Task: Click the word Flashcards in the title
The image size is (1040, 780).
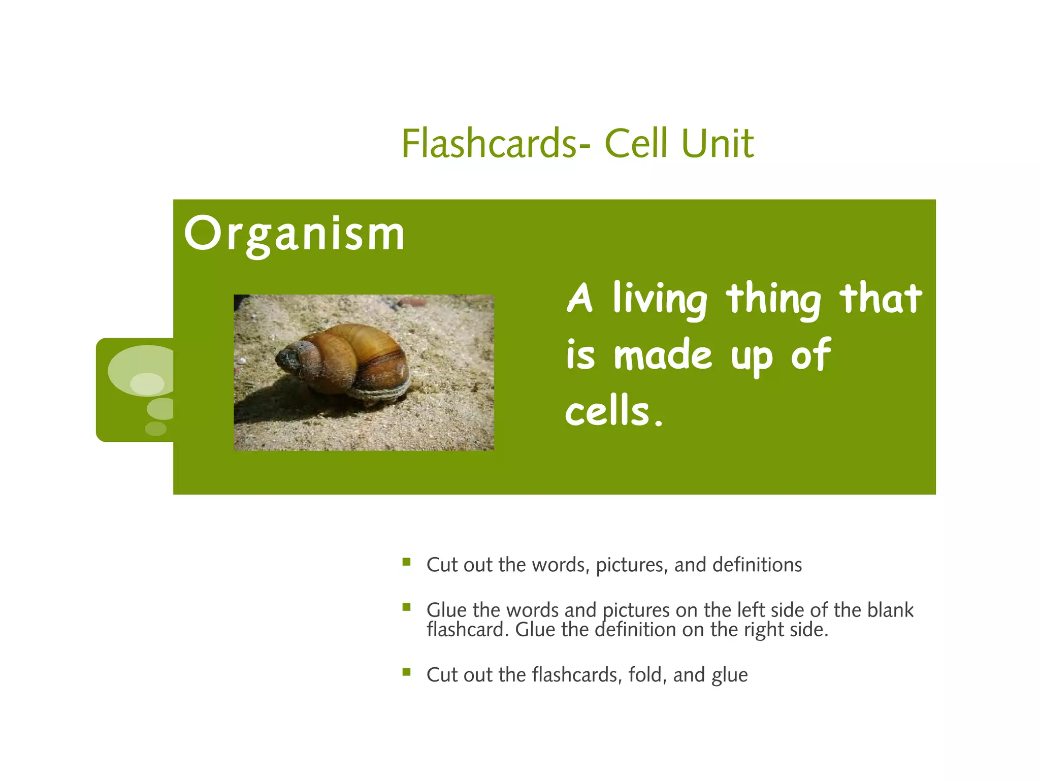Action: pos(489,144)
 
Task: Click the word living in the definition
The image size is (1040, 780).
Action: pos(659,300)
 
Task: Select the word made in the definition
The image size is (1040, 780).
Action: pos(662,355)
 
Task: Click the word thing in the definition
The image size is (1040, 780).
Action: pos(773,300)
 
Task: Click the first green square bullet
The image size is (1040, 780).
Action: pos(406,562)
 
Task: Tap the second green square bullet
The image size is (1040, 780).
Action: pos(406,607)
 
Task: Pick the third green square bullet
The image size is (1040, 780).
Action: pos(406,672)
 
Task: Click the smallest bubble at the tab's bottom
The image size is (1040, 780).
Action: pos(155,428)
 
